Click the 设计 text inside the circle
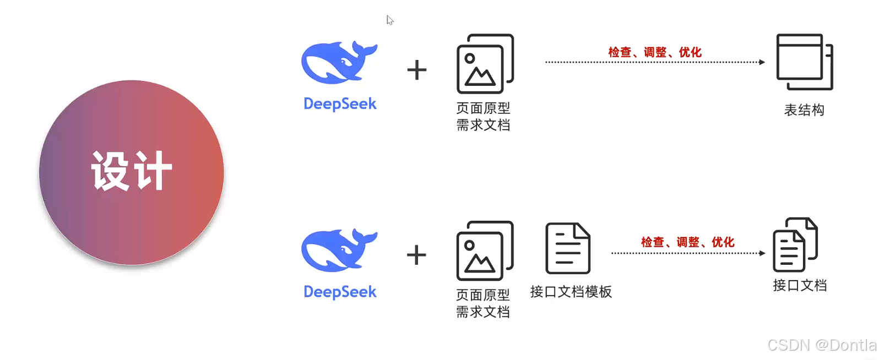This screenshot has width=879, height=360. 132,171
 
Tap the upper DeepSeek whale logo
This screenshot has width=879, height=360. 338,63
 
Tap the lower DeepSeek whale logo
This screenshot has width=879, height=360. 338,251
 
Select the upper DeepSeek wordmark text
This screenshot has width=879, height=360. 340,104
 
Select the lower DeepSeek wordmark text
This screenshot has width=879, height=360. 340,292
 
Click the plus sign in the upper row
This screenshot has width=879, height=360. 417,70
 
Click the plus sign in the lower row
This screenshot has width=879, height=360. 416,255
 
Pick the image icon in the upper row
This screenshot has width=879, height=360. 485,64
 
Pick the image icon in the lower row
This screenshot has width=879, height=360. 485,251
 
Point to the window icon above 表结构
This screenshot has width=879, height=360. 804,61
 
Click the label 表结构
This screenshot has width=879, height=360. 804,110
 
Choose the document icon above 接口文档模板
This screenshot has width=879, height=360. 568,248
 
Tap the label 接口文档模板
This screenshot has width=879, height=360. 571,292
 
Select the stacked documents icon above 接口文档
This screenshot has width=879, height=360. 795,245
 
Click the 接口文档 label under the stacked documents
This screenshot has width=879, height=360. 800,285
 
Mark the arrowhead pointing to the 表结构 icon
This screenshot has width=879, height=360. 762,62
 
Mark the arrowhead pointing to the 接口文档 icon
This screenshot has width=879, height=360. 762,253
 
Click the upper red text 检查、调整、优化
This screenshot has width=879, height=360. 655,52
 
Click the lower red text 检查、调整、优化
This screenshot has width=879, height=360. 687,242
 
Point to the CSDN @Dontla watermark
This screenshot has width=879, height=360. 822,345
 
